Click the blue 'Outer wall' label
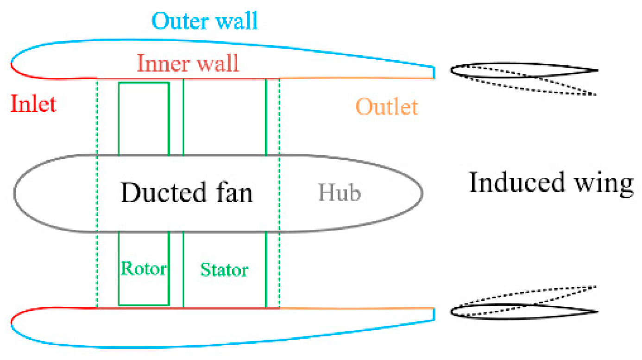tap(205, 21)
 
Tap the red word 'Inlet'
tap(33, 104)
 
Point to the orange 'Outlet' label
tap(387, 107)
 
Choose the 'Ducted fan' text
tap(187, 193)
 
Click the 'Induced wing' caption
tap(551, 183)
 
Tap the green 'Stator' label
tap(224, 269)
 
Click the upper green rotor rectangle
tap(144, 119)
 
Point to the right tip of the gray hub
tap(422, 192)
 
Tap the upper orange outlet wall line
tap(357, 78)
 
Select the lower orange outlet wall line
tap(357, 308)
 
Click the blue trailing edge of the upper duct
tap(434, 72)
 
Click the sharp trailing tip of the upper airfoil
tap(598, 71)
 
